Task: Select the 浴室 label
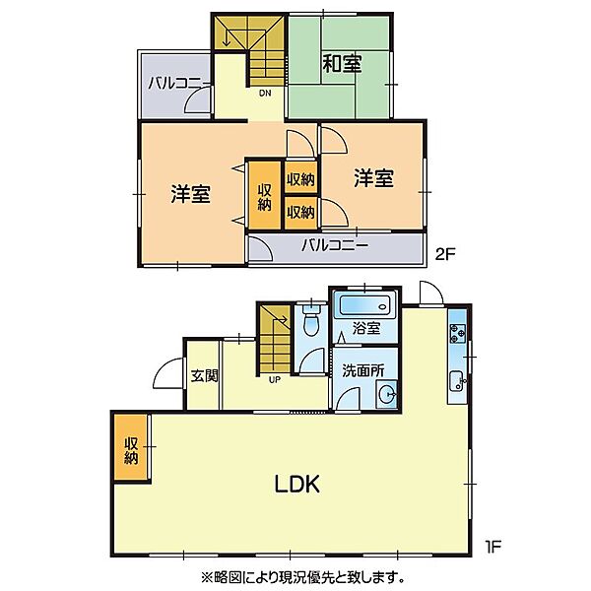pos(365,328)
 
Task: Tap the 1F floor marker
pos(492,543)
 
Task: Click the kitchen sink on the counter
pos(457,381)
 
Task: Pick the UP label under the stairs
pos(273,376)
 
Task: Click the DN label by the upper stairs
pos(266,94)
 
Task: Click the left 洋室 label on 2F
pos(190,194)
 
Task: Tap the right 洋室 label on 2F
pos(373,178)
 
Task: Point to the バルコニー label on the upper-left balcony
pos(174,84)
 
